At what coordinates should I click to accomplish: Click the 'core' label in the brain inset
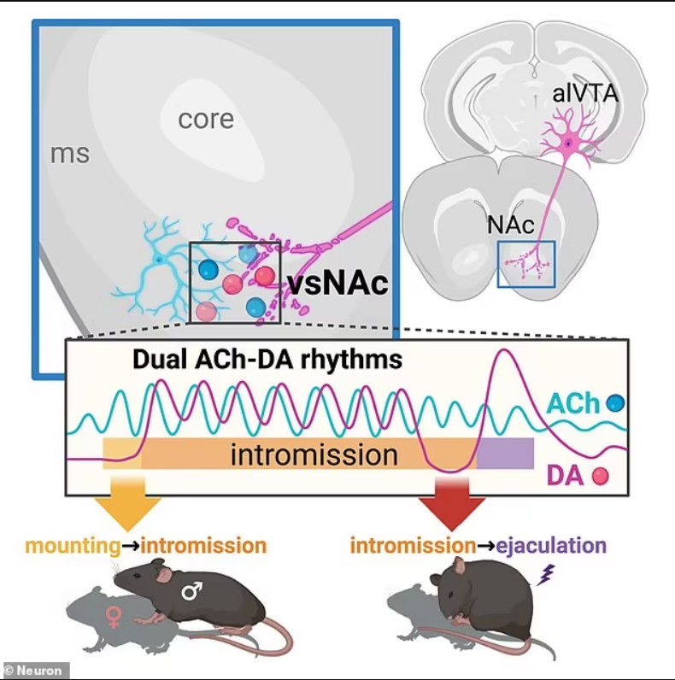click(206, 119)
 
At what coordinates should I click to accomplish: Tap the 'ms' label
click(70, 154)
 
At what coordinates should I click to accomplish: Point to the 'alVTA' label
click(585, 94)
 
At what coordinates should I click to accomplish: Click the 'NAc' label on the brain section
click(511, 224)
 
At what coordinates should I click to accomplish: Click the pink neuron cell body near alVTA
click(569, 144)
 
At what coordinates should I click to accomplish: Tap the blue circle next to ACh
click(615, 403)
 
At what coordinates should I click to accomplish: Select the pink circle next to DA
click(601, 476)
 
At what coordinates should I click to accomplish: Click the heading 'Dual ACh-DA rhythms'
click(267, 360)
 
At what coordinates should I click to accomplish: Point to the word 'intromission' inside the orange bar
click(314, 455)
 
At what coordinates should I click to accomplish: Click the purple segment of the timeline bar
click(505, 453)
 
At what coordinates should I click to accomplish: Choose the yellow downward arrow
click(127, 503)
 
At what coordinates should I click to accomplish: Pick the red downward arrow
click(452, 503)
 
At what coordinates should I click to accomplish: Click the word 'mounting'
click(73, 546)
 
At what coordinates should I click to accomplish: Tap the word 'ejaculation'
click(551, 545)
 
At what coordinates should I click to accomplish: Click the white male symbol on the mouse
click(191, 590)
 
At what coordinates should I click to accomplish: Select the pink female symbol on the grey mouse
click(114, 618)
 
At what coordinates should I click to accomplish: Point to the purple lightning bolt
click(546, 575)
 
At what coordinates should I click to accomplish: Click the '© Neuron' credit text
click(33, 671)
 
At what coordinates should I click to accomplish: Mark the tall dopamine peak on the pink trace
click(503, 350)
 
